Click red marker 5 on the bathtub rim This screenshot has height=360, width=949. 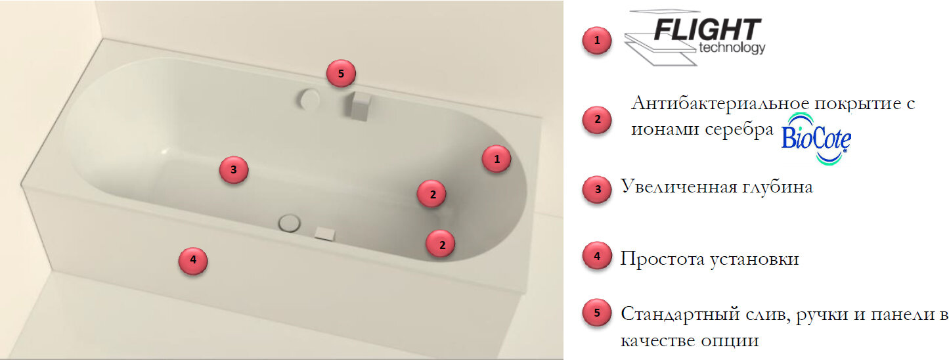tap(341, 74)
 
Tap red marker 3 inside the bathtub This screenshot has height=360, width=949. tap(233, 169)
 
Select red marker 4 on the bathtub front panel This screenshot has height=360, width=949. tap(193, 261)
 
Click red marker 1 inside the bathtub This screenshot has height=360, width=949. tap(497, 159)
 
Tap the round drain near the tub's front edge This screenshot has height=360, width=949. tap(290, 223)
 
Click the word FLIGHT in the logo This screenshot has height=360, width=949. tap(707, 30)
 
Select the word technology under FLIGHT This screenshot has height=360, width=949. tap(732, 48)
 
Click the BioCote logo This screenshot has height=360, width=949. tap(816, 139)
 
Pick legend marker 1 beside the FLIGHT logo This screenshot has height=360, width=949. tap(597, 41)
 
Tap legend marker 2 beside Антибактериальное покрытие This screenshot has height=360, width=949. tap(597, 120)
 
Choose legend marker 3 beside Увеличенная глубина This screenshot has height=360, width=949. tap(597, 190)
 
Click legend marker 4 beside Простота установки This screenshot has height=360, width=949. tap(597, 256)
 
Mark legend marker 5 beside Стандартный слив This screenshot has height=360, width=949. tap(597, 313)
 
